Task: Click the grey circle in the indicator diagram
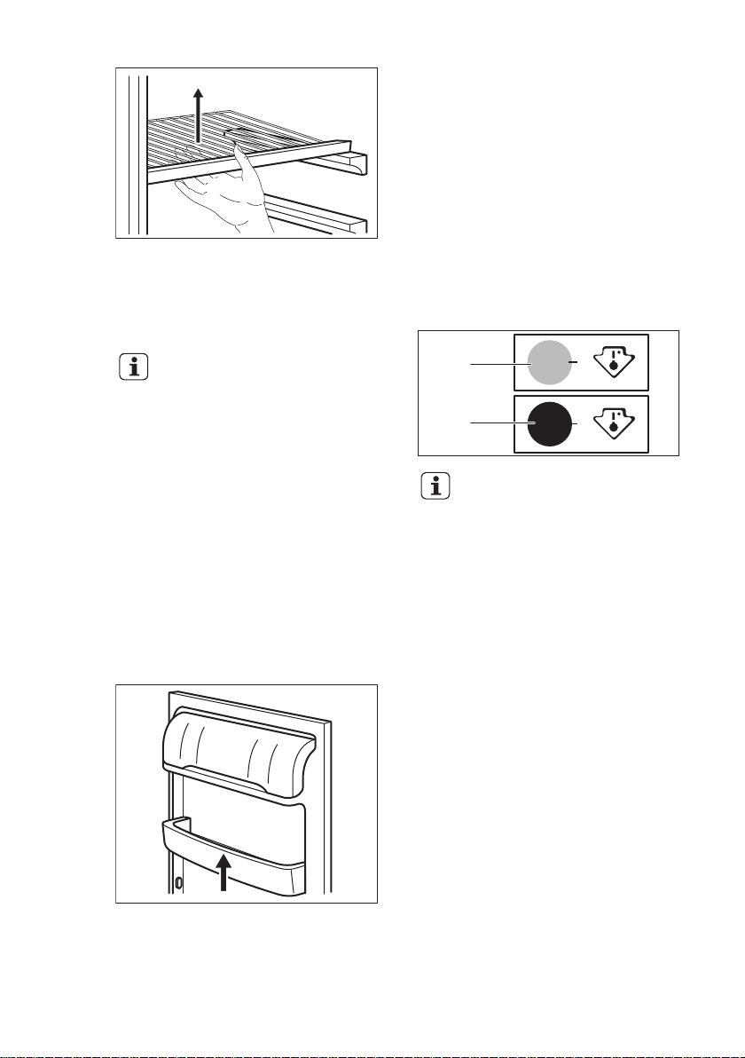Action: pos(550,363)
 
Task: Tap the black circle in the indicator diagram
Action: pos(550,424)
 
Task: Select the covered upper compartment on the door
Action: pos(235,741)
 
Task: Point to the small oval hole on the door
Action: pos(178,883)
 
